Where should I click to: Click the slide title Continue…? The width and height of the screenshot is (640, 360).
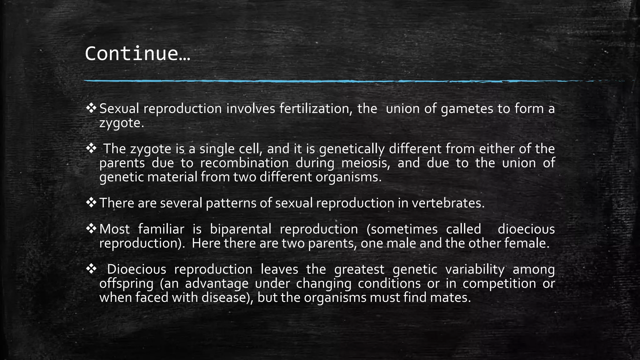137,53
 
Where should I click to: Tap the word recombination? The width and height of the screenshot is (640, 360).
244,163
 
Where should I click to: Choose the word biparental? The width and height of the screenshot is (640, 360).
240,229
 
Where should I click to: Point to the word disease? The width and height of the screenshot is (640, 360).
225,297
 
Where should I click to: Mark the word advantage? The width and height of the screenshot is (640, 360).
217,284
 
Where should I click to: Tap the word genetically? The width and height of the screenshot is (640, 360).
352,149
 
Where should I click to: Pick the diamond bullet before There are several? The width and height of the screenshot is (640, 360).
91,203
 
